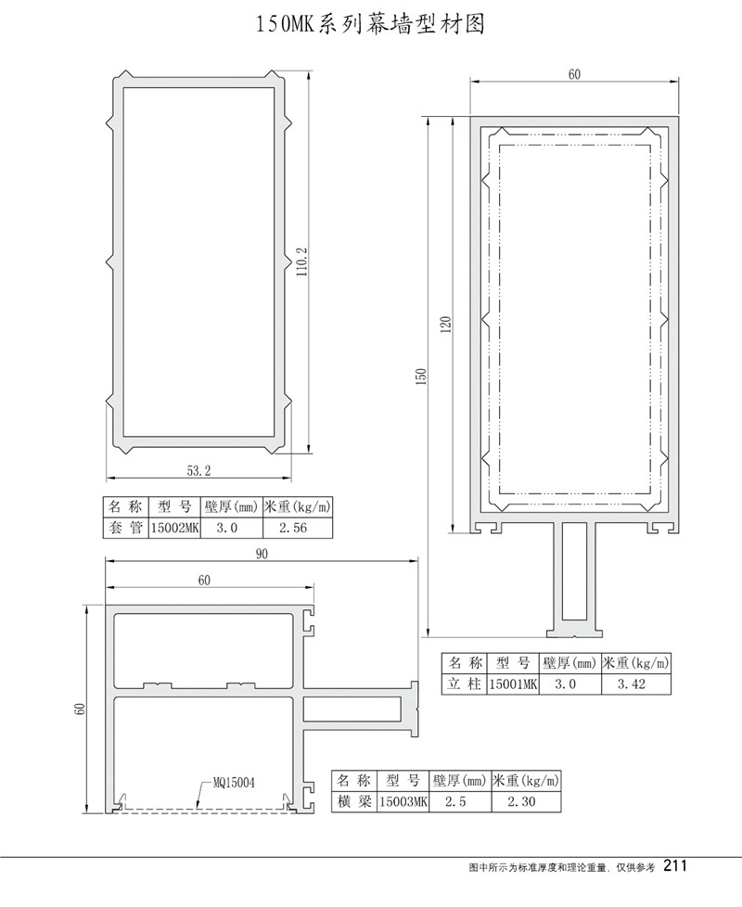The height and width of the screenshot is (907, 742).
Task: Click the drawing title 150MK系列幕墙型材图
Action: coord(370,25)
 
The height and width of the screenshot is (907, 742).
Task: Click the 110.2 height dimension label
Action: coord(301,262)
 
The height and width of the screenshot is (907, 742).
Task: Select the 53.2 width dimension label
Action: coord(198,471)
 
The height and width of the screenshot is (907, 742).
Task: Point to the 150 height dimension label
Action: coord(422,377)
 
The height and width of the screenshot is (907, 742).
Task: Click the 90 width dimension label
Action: coord(262,554)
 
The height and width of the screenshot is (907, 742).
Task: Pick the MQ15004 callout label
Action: coord(234,783)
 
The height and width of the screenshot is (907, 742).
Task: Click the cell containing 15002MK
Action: coord(174,528)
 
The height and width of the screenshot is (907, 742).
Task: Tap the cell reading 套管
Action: coord(126,528)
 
